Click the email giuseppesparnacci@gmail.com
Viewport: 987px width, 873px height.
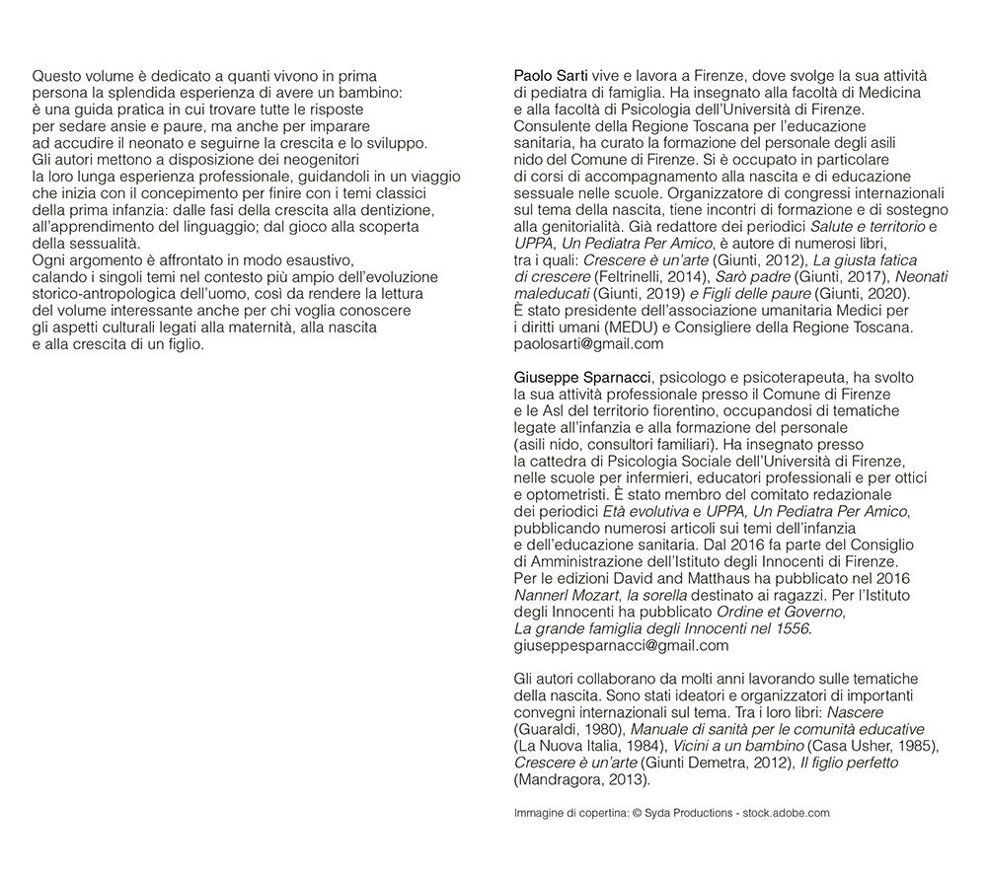coord(622,646)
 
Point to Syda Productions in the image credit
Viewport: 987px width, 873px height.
coord(689,813)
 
